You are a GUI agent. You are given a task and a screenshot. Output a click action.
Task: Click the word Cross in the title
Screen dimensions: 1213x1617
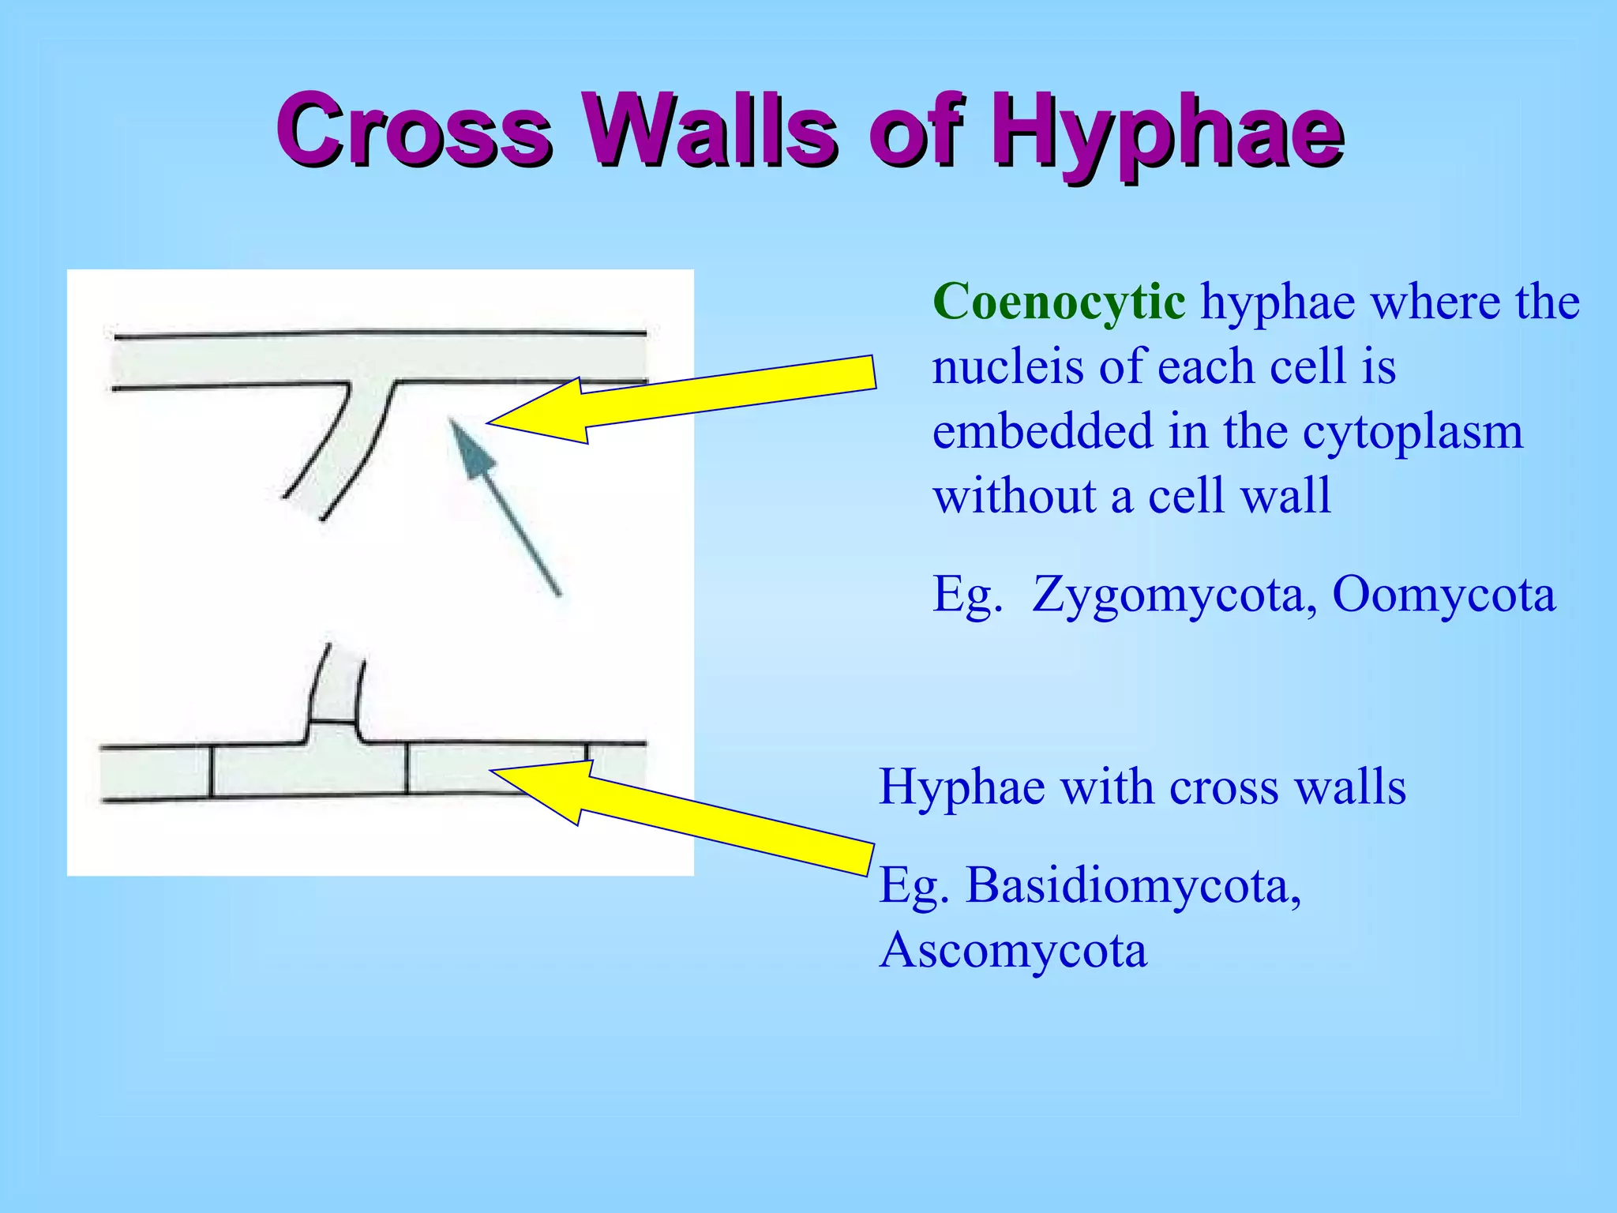[414, 130]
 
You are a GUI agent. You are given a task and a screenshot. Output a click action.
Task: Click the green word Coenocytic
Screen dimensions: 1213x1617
[1058, 302]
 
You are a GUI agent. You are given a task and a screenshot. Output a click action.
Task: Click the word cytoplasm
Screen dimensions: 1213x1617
[1413, 432]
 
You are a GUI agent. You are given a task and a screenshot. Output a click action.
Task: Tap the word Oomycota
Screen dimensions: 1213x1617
[1444, 594]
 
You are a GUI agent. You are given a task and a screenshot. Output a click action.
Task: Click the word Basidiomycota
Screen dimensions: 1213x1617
[1134, 885]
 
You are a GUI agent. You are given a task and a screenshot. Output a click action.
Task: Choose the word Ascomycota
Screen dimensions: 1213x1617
[1013, 950]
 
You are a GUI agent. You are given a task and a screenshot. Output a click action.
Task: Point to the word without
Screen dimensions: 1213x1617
[1013, 497]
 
